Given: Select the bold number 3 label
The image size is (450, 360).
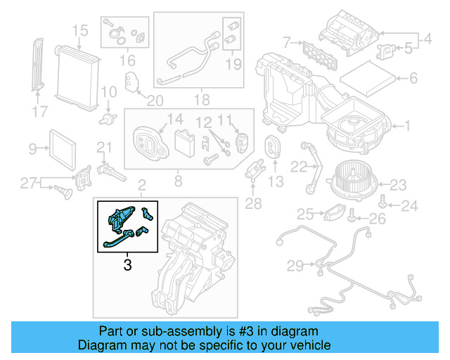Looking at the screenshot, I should pos(127,265).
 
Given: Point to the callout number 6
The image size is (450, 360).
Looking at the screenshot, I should pos(413,78).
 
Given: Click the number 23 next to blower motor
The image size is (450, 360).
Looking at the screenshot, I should pos(399,185).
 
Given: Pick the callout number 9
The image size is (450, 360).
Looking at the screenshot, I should pos(32,148).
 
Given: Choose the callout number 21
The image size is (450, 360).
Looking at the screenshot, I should pos(104,147).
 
